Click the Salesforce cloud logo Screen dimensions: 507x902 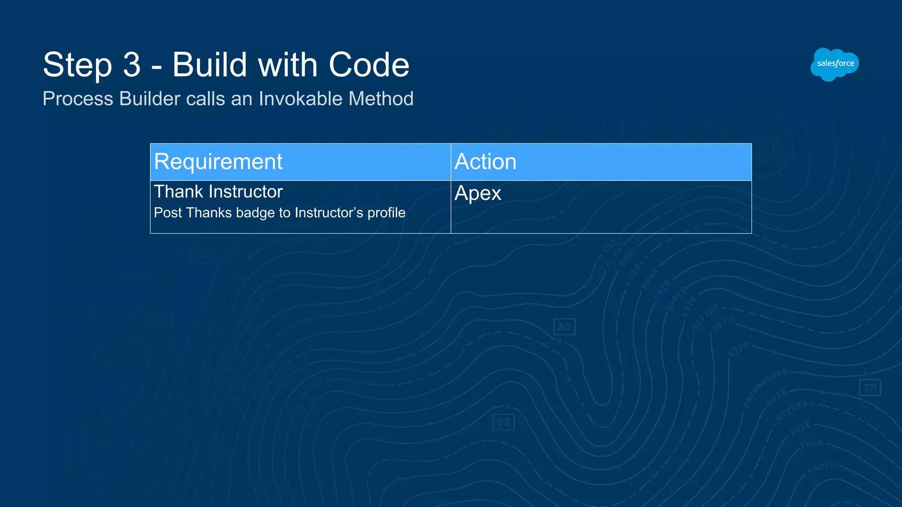[x=834, y=64]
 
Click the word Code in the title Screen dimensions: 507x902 [x=369, y=65]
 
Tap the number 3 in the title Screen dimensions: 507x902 [x=132, y=65]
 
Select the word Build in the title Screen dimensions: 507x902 [x=210, y=65]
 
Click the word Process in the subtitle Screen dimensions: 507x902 [x=78, y=99]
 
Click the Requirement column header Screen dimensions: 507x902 [x=218, y=162]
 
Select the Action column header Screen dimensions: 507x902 [x=485, y=162]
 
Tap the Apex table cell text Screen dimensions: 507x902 [x=478, y=193]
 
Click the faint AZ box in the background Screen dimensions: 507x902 [x=564, y=327]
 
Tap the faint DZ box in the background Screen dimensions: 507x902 [x=503, y=422]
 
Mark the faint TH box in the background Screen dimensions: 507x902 [x=870, y=388]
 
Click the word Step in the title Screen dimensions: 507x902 [x=78, y=65]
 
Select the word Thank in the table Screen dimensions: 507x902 [x=179, y=192]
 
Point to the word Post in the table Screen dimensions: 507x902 [x=168, y=213]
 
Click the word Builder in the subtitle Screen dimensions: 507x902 [x=150, y=99]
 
